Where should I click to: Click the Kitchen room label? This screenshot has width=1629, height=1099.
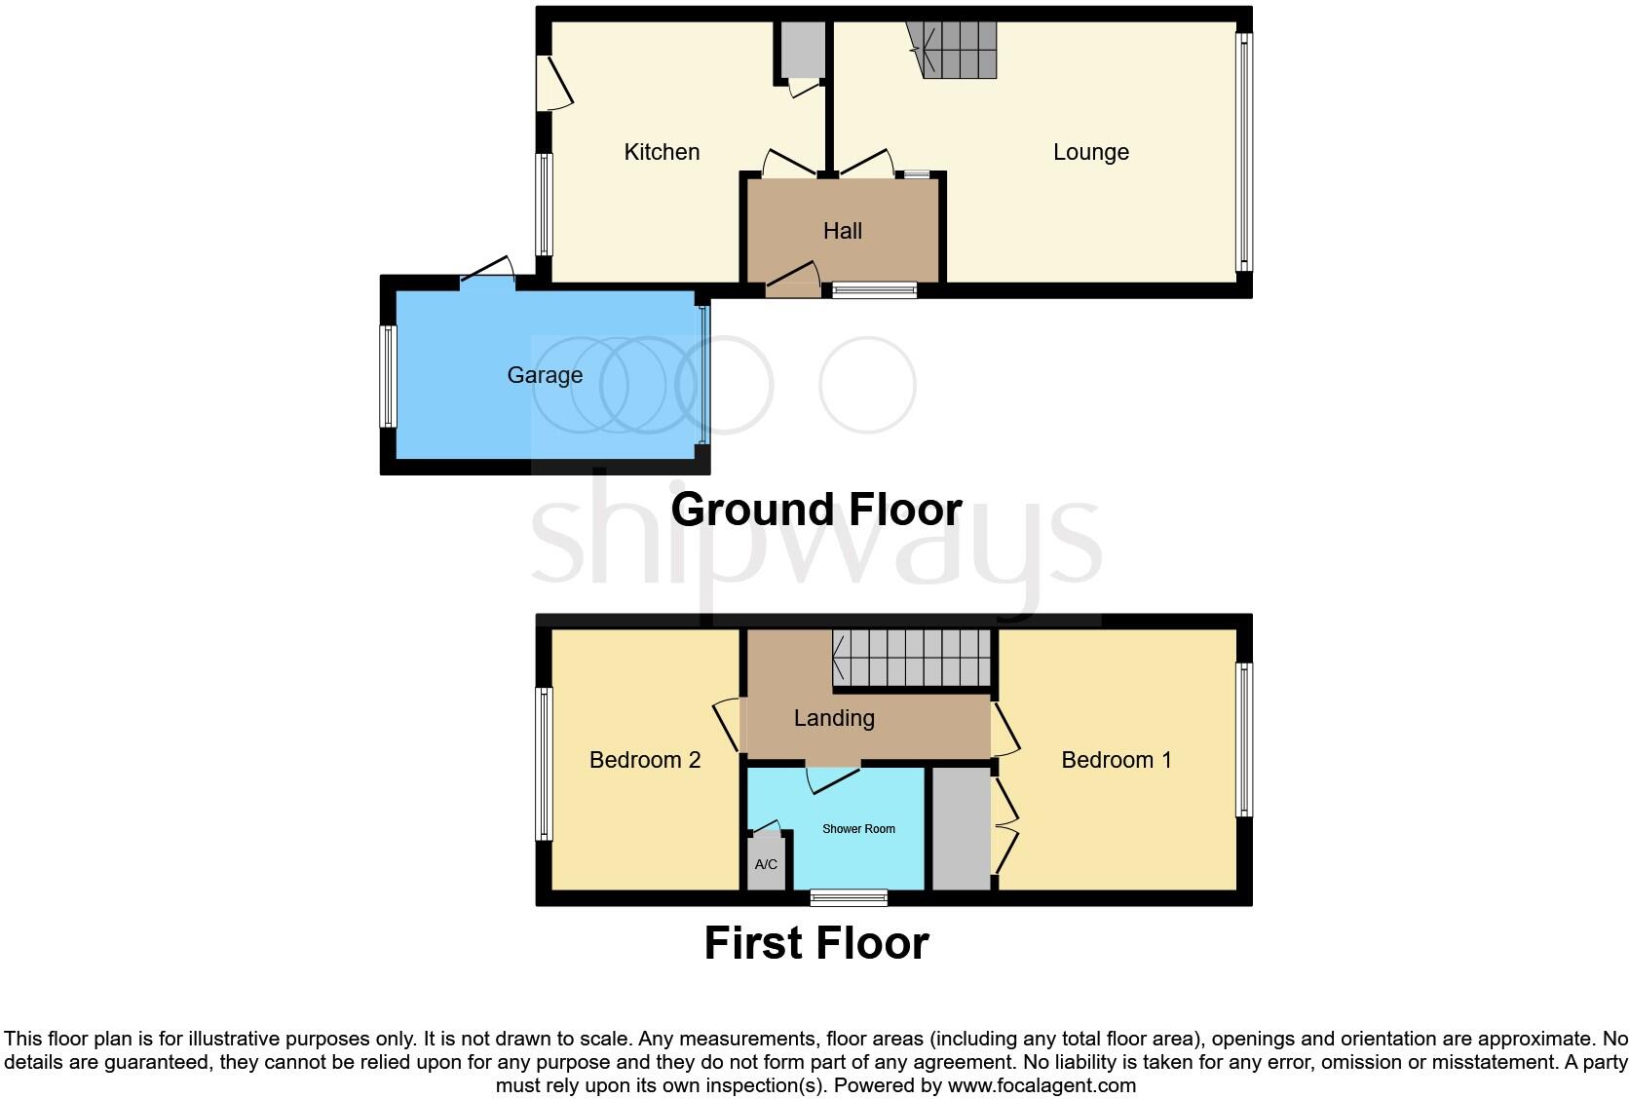(x=662, y=152)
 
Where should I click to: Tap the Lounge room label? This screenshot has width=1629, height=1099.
(x=1090, y=152)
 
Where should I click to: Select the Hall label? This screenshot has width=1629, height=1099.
(x=843, y=231)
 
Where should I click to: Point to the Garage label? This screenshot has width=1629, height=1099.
(x=545, y=375)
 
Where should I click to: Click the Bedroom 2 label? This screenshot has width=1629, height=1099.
(x=645, y=760)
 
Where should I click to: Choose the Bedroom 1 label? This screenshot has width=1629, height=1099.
(x=1117, y=760)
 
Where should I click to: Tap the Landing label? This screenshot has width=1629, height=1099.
(x=834, y=718)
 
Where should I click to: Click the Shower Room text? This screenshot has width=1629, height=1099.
(x=858, y=829)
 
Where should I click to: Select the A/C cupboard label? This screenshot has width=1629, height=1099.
(x=766, y=865)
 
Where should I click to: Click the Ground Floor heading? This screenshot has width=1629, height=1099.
(x=816, y=510)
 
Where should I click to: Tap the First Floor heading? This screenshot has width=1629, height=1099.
(x=816, y=943)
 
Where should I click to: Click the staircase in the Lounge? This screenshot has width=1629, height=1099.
(x=955, y=50)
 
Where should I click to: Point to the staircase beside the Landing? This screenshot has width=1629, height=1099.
(x=911, y=658)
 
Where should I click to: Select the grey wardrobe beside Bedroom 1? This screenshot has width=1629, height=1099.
(x=961, y=828)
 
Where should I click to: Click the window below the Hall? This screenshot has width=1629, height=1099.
(x=874, y=289)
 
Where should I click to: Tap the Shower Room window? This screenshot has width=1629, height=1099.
(x=849, y=897)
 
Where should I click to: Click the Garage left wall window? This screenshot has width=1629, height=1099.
(x=388, y=376)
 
